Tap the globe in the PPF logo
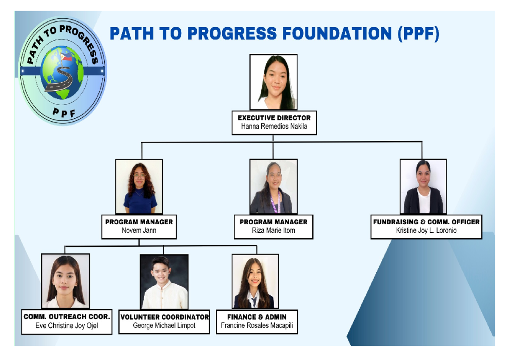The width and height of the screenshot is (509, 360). (63, 73)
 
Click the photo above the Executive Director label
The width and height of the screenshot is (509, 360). (273, 82)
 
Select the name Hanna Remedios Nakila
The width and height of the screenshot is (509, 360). (274, 126)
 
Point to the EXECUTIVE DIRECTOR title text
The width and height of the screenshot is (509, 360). (274, 118)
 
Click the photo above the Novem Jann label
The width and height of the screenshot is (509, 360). (139, 187)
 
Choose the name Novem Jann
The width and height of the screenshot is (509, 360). (139, 230)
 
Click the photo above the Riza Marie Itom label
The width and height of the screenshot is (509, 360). (273, 187)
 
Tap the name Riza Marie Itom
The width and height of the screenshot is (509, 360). (273, 230)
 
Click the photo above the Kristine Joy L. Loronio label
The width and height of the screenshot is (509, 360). (423, 187)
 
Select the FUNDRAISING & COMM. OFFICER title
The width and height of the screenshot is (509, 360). (426, 222)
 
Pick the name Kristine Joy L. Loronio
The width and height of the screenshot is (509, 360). (426, 231)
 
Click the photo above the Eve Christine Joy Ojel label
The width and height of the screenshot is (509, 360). (65, 281)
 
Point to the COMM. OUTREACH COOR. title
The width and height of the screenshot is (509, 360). (67, 317)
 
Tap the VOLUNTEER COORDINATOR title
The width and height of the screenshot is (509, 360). (164, 317)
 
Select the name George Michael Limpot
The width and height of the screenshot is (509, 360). (164, 326)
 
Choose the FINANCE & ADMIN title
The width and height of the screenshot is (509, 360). (257, 317)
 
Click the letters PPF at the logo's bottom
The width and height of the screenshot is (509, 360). (64, 112)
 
